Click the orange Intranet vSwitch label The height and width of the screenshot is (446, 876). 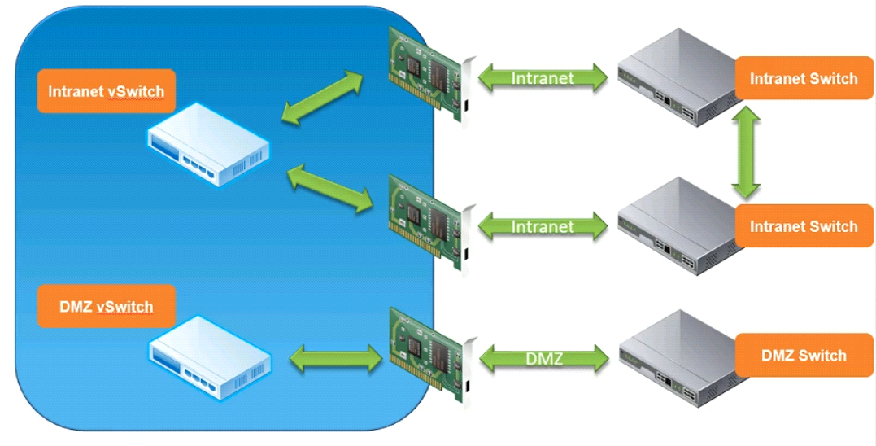pos(106,90)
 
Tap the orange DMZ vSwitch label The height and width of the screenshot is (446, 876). pos(106,306)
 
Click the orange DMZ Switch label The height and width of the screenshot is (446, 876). pos(804,355)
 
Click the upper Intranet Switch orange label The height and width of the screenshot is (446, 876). pos(804,78)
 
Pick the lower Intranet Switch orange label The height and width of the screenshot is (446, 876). pos(804,225)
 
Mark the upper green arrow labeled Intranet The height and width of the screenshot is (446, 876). pos(543,77)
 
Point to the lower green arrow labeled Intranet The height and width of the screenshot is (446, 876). pos(543,225)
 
